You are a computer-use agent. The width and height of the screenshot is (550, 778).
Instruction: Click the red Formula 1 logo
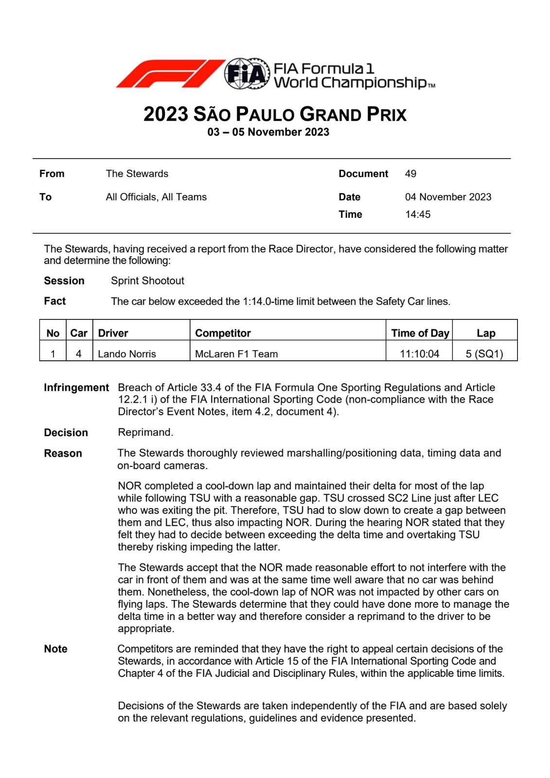click(170, 74)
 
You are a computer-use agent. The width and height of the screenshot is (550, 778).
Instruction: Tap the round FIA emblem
click(247, 74)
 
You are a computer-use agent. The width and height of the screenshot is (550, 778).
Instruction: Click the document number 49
click(410, 174)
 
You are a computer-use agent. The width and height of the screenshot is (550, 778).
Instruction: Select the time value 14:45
click(418, 214)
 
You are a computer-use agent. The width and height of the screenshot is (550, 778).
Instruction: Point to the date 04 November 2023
click(448, 197)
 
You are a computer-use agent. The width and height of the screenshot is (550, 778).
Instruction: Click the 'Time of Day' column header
click(420, 333)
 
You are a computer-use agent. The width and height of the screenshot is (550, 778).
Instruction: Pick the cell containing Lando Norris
click(127, 354)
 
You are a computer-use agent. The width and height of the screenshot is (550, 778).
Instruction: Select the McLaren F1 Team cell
click(236, 354)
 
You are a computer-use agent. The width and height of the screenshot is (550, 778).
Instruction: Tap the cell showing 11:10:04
click(419, 354)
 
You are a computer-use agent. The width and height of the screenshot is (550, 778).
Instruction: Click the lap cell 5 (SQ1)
click(484, 354)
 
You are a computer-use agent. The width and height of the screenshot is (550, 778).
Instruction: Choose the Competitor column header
click(223, 333)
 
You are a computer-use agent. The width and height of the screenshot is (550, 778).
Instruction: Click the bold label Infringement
click(76, 388)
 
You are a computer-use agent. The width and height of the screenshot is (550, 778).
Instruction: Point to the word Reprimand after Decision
click(145, 432)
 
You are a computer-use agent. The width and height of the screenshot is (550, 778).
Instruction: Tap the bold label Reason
click(63, 453)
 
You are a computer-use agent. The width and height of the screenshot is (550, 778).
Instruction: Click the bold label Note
click(55, 649)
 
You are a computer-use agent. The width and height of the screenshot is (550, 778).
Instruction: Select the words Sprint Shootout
click(147, 281)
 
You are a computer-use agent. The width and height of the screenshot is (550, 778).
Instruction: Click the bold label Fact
click(54, 301)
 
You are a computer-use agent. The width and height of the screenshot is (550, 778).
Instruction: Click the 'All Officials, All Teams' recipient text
click(156, 197)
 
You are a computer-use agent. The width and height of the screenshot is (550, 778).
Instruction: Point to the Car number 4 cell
click(79, 354)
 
